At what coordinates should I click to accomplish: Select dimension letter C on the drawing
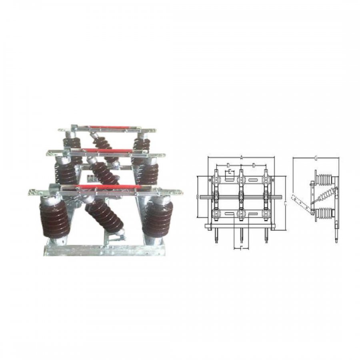(284, 203)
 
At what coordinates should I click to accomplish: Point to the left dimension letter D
(228, 165)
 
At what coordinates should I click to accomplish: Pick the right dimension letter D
(254, 165)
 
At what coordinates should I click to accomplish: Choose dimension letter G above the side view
(316, 159)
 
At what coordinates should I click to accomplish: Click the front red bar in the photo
(110, 186)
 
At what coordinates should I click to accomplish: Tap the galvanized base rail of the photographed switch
(104, 250)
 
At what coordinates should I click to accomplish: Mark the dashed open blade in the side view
(300, 202)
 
